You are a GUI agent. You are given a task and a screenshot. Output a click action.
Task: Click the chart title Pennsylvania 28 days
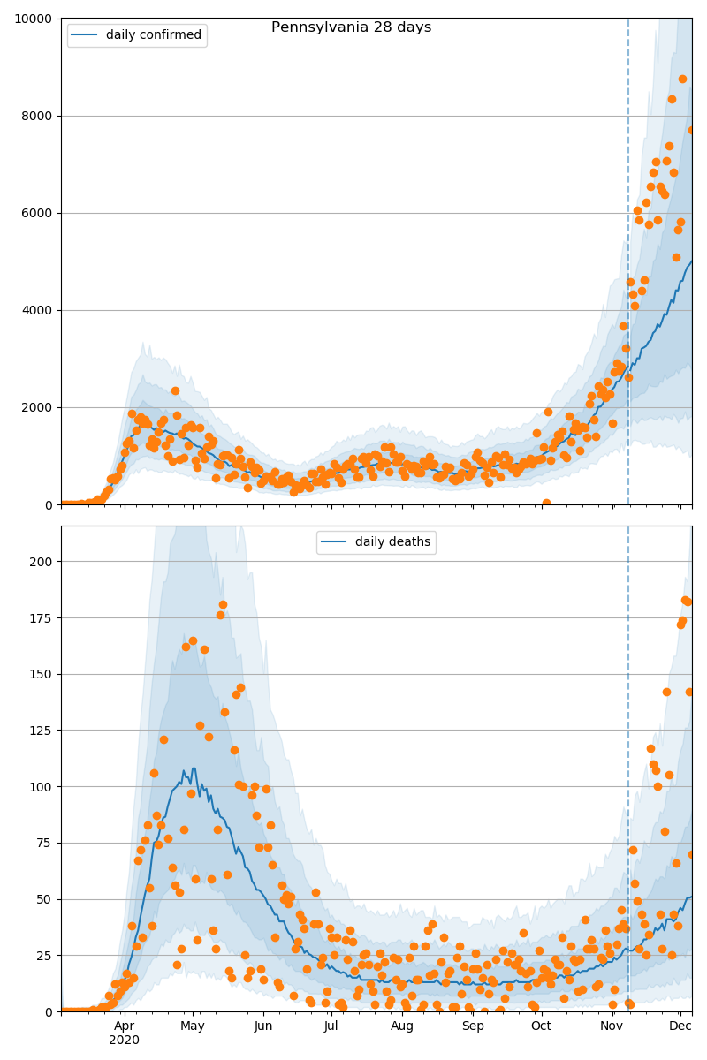tap(351, 27)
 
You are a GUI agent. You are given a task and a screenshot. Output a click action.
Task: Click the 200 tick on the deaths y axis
tap(42, 562)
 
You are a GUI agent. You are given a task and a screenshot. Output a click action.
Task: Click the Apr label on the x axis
tap(124, 1026)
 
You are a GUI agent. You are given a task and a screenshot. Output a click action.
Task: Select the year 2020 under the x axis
tap(124, 1040)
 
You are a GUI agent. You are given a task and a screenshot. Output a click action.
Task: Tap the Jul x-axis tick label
tap(331, 1026)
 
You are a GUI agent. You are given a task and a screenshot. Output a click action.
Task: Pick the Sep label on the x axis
tap(473, 1026)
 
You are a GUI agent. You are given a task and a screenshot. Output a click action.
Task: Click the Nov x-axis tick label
tap(612, 1026)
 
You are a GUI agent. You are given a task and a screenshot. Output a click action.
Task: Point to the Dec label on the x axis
tap(680, 1026)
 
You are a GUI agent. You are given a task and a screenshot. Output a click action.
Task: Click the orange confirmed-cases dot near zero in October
tap(546, 503)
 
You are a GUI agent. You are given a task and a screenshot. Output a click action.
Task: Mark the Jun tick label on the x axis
tap(262, 1026)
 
